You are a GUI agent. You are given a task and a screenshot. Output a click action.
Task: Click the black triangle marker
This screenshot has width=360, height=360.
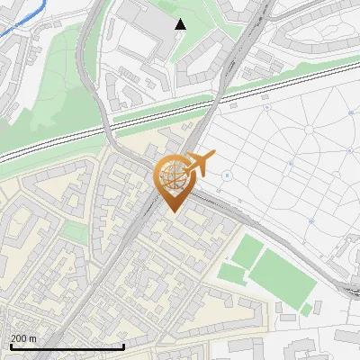click(181, 24)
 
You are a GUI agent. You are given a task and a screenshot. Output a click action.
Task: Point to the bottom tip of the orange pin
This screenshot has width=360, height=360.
click(172, 211)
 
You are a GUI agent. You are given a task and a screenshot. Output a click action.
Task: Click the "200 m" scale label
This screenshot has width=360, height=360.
click(24, 337)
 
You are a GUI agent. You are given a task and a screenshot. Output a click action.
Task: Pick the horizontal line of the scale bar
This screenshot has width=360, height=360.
click(67, 346)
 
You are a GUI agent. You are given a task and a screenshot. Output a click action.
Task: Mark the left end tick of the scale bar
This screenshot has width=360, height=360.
click(11, 345)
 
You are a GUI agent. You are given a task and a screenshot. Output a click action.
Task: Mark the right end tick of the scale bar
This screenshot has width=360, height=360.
click(123, 345)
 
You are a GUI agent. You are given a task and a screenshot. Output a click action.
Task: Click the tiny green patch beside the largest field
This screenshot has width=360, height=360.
click(306, 310)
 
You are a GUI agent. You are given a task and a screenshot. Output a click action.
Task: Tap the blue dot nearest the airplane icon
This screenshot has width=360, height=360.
click(227, 175)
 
